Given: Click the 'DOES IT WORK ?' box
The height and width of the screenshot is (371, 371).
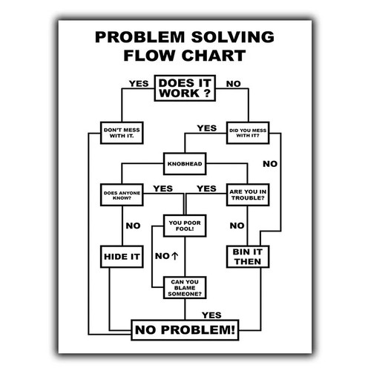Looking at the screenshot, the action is (185, 88).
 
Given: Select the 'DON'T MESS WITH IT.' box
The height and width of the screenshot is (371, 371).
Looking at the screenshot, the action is (122, 133).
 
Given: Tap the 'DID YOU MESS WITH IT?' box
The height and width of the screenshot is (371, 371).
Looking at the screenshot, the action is (248, 133).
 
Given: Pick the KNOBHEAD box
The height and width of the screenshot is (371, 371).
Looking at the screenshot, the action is (185, 164).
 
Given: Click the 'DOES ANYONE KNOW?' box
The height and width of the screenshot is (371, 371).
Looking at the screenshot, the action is (122, 195).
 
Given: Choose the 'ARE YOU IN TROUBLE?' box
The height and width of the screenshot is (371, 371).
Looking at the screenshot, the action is (248, 195).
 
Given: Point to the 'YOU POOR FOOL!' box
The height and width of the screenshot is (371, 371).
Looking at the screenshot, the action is (185, 226).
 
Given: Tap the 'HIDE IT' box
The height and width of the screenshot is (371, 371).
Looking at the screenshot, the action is (122, 257).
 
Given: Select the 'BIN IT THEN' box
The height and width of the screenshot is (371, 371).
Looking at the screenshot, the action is (248, 257).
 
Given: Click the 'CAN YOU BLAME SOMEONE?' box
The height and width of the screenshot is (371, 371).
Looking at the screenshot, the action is (185, 288).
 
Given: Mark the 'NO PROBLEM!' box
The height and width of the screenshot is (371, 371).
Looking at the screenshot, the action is (185, 330).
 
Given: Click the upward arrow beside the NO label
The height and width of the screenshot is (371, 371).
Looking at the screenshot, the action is (174, 256).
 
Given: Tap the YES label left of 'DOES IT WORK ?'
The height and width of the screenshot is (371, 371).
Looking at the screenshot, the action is (139, 84).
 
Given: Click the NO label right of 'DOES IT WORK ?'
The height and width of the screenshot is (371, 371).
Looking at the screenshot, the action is (234, 84).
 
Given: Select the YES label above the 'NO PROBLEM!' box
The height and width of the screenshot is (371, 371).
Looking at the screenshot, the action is (211, 315).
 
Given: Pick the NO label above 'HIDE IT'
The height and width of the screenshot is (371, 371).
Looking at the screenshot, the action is (133, 226).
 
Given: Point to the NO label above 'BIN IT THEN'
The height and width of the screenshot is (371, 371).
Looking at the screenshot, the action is (237, 226).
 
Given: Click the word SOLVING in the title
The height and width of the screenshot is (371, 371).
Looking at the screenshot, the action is (233, 37).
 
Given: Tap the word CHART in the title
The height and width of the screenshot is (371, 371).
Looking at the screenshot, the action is (214, 56).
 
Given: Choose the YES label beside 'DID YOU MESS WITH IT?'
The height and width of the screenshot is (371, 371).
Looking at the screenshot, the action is (207, 128).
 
